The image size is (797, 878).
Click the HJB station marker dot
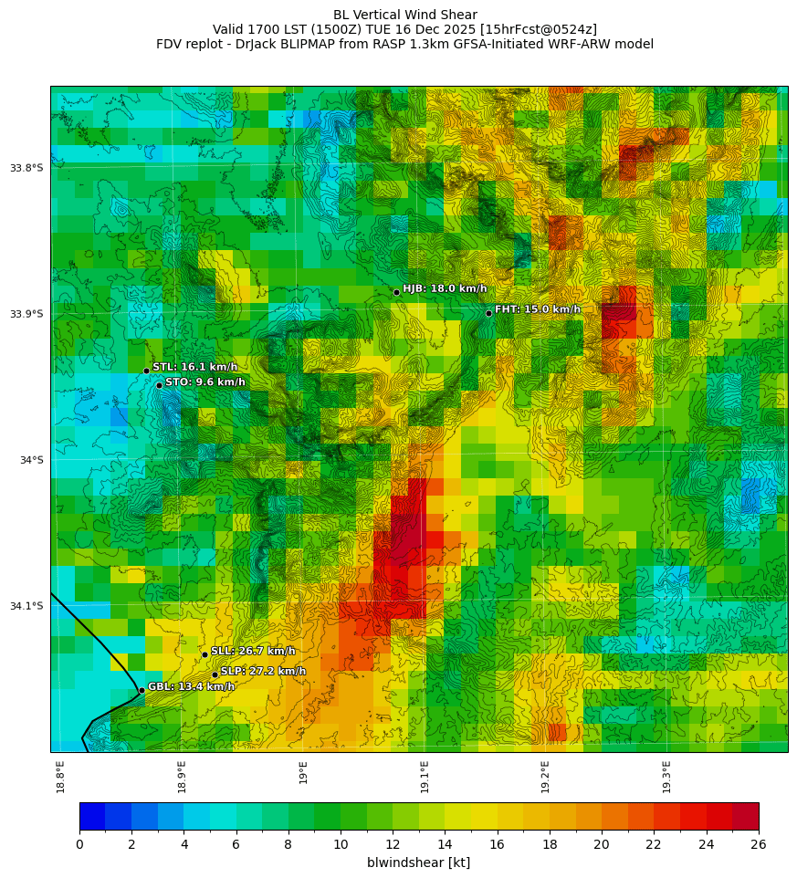click(x=396, y=292)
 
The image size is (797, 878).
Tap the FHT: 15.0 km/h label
click(x=537, y=309)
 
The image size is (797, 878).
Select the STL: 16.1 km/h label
click(x=194, y=367)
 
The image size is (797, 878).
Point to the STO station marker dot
click(x=159, y=385)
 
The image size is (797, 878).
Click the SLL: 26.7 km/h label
click(x=253, y=651)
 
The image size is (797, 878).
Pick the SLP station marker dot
click(x=215, y=674)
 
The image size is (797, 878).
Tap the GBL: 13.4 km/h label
click(x=191, y=686)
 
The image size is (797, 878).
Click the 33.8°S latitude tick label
click(x=26, y=168)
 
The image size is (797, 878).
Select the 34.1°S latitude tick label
click(x=26, y=606)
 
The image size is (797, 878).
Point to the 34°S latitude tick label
click(x=31, y=460)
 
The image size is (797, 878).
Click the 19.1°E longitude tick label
click(x=425, y=777)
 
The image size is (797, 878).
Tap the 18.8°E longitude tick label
click(x=60, y=777)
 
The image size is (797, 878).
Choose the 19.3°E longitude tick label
click(x=666, y=777)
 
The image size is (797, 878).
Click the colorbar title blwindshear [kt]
click(x=418, y=862)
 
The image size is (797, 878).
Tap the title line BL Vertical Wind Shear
click(x=404, y=15)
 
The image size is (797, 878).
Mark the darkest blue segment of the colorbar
click(x=92, y=816)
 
